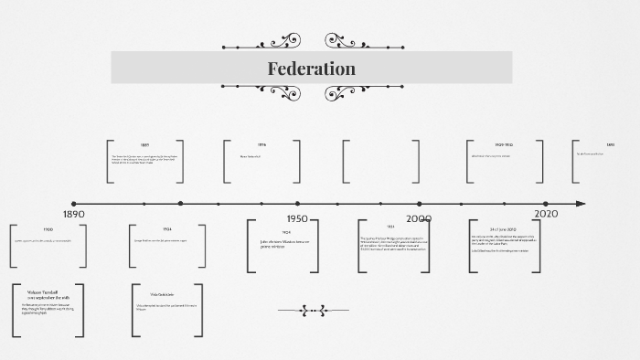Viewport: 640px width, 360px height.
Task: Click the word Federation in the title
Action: [311, 69]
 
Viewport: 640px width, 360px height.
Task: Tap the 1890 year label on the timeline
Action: [74, 214]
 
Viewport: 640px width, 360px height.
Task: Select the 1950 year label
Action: [297, 219]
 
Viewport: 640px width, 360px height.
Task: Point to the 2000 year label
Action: [419, 219]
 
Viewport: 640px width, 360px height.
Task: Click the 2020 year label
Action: [546, 214]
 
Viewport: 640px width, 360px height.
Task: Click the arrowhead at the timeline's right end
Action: [581, 204]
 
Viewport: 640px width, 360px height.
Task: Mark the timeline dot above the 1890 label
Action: [74, 204]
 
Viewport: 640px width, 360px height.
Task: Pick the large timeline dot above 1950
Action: [297, 204]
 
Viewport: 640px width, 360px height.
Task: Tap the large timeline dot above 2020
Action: [546, 204]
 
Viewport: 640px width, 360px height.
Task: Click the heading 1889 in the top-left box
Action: [144, 145]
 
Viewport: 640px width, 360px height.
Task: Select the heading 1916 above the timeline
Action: [261, 145]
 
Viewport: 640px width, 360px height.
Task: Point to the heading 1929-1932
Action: [504, 145]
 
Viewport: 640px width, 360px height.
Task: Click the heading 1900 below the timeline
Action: [48, 229]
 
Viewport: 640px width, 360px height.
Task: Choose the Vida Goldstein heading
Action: [162, 294]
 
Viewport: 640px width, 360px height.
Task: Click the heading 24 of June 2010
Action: [504, 229]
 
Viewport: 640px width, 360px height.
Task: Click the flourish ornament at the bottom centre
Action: [313, 311]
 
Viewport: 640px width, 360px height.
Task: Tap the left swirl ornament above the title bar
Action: [274, 42]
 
